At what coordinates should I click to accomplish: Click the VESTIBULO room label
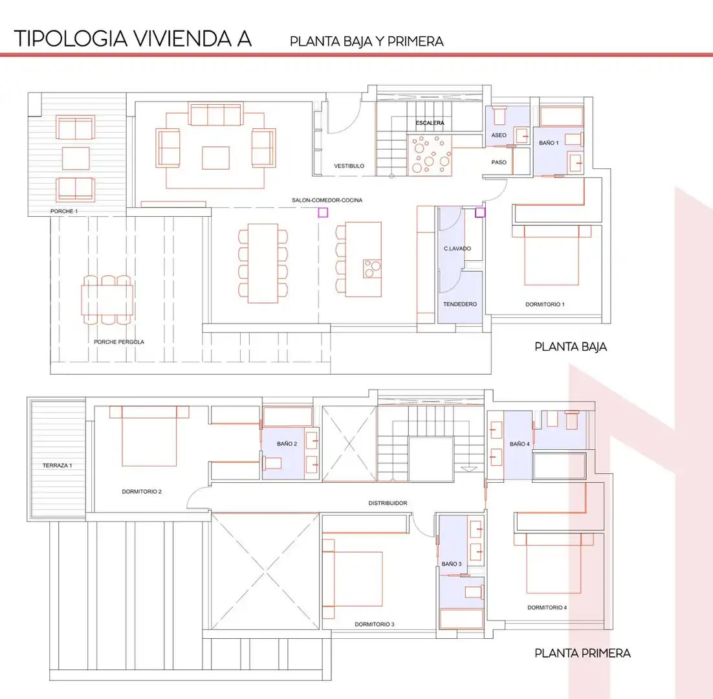349,166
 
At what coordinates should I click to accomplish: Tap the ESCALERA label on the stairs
430,123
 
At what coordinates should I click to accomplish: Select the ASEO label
499,135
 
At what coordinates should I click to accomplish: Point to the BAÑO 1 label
549,143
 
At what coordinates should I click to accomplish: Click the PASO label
499,162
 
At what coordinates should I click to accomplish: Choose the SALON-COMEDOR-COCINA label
327,200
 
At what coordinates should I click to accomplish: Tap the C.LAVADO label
457,249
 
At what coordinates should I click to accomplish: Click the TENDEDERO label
460,304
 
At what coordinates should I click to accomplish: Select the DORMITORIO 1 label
545,304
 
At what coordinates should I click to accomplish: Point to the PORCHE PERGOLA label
119,342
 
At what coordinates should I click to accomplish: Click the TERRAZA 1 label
58,466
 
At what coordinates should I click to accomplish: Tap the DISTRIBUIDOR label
388,503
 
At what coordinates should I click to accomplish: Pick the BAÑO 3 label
452,564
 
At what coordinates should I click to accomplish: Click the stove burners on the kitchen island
373,269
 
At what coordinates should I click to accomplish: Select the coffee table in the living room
215,158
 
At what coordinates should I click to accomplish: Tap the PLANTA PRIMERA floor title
582,654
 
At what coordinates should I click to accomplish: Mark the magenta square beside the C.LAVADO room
480,212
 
